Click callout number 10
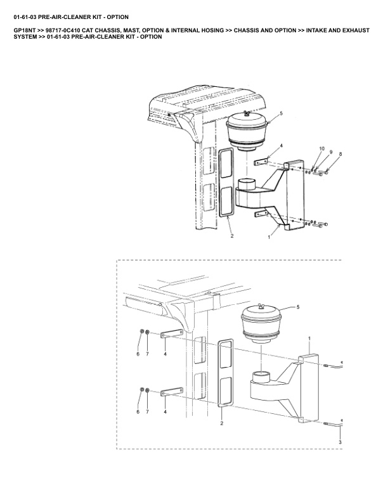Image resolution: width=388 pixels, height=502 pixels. [321, 148]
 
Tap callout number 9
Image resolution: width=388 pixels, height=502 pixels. [331, 151]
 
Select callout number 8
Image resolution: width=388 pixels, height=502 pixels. [340, 154]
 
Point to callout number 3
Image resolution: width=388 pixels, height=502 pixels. [340, 442]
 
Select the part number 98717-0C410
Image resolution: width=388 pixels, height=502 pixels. [63, 30]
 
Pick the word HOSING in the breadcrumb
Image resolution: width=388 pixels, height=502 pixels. [212, 30]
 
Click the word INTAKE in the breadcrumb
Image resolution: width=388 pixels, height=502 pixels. [316, 30]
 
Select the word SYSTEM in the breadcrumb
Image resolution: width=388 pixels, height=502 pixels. [25, 37]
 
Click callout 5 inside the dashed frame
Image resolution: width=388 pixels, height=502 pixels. [298, 307]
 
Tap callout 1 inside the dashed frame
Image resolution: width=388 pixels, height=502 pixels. [309, 338]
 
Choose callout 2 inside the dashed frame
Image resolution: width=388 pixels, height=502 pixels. [221, 423]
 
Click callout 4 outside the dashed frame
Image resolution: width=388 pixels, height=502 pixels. [281, 146]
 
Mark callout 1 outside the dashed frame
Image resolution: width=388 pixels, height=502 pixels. [269, 237]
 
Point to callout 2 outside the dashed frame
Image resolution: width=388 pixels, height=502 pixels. [232, 236]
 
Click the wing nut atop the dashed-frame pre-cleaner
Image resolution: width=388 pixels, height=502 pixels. [261, 307]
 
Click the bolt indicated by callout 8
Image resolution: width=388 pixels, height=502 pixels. [323, 173]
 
